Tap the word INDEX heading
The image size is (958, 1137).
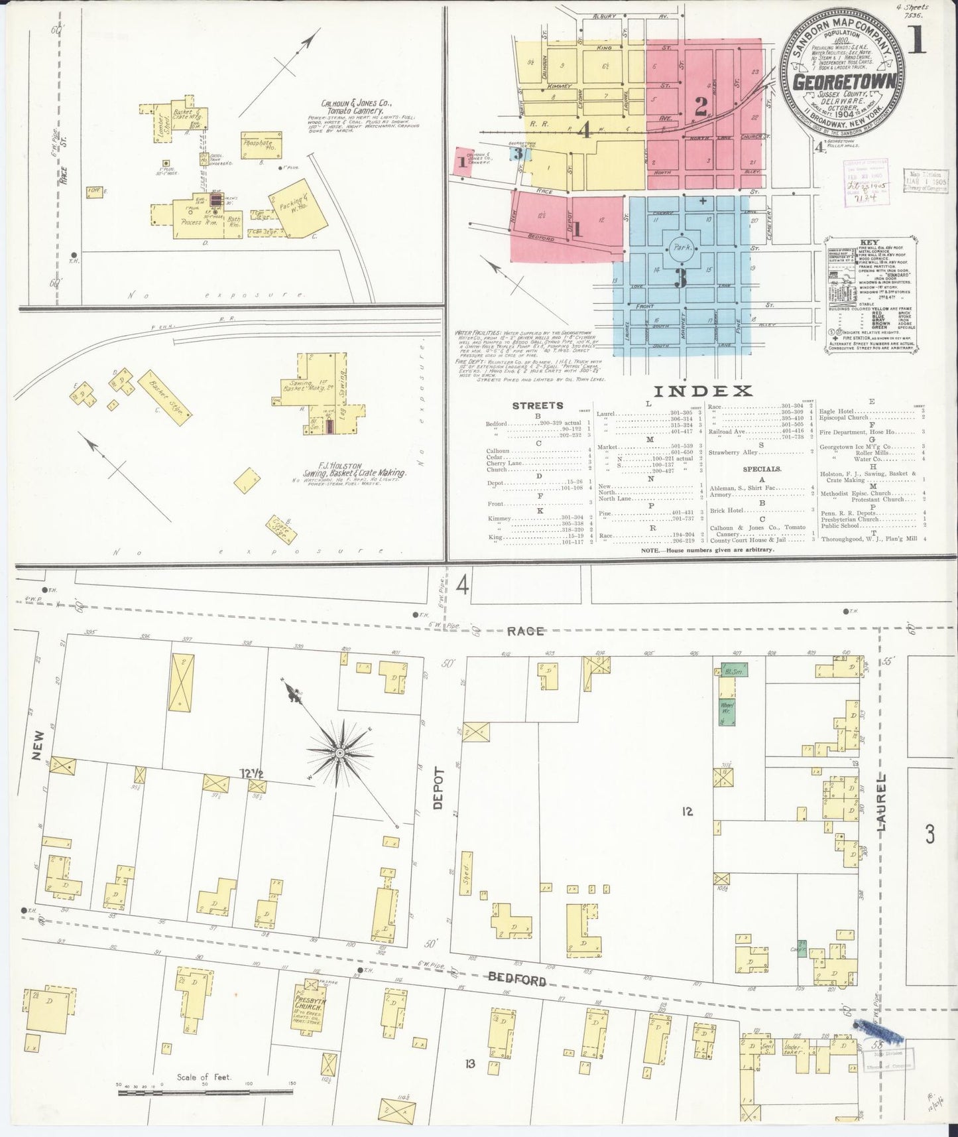pyautogui.click(x=702, y=391)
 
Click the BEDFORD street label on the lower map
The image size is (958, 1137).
pyautogui.click(x=517, y=980)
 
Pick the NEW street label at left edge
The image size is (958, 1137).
pyautogui.click(x=37, y=746)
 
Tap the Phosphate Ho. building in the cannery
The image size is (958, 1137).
pyautogui.click(x=263, y=144)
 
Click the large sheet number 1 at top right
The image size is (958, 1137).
pyautogui.click(x=918, y=40)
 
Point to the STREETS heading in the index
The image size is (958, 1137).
pyautogui.click(x=538, y=405)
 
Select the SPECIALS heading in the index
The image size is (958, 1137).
pyautogui.click(x=762, y=468)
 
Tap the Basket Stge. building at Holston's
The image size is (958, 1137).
pyautogui.click(x=166, y=397)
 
